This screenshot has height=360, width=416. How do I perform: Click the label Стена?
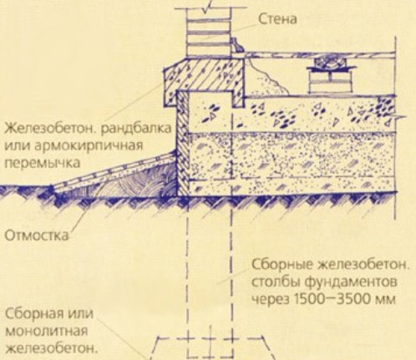pyautogui.click(x=277, y=19)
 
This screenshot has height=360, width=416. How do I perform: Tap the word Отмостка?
pyautogui.click(x=37, y=236)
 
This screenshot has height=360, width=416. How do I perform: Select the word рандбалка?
pyautogui.click(x=135, y=129)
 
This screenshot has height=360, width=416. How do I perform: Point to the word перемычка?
pyautogui.click(x=42, y=163)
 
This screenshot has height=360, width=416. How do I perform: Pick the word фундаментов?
pyautogui.click(x=351, y=281)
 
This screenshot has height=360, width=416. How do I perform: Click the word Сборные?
pyautogui.click(x=282, y=265)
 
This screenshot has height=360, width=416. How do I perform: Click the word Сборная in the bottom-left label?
pyautogui.click(x=35, y=314)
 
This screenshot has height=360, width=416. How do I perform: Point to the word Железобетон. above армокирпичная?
pyautogui.click(x=50, y=129)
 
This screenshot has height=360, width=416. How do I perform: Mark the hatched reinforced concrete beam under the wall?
pyautogui.click(x=204, y=80)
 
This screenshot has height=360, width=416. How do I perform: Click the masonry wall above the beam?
pyautogui.click(x=209, y=33)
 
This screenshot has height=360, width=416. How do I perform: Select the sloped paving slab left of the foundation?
pyautogui.click(x=114, y=170)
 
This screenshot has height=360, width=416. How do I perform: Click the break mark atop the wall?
pyautogui.click(x=208, y=6)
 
